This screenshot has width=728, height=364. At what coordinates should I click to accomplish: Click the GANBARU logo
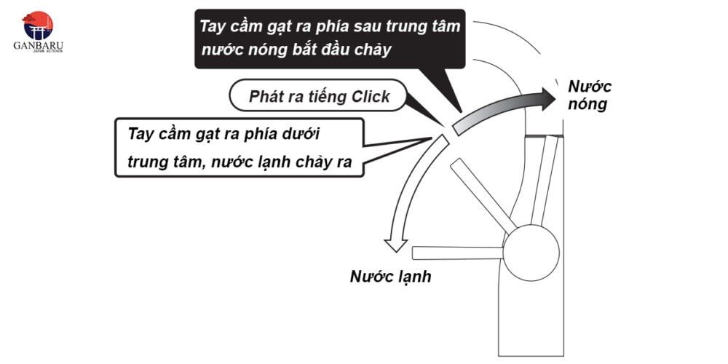pos(38,32)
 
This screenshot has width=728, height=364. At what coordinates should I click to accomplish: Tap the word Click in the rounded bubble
pos(371,97)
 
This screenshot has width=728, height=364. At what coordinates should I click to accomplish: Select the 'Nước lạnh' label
pos(390,277)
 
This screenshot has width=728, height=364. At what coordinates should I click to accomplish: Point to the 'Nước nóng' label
pos(590,95)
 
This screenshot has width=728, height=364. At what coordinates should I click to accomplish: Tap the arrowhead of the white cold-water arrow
pos(395,245)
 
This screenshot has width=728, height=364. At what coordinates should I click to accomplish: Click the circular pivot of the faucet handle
pos(531,253)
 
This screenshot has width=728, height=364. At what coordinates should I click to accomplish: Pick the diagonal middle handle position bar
pos(483,196)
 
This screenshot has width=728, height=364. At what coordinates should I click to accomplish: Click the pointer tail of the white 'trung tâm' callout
pos(397,149)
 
